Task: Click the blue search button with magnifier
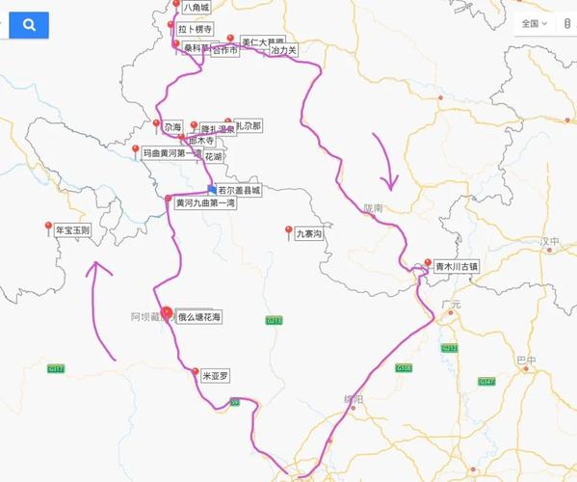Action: pos(29,25)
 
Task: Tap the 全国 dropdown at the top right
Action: pos(535,23)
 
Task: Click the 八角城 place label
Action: pos(196,8)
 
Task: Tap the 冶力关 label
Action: pos(284,48)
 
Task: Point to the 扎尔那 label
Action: pos(248,126)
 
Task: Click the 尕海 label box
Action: pos(172,126)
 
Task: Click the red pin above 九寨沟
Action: pos(289,228)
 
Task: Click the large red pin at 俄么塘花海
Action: pos(167,312)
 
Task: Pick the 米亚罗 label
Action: pos(216,377)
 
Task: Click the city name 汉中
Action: pos(549,241)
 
